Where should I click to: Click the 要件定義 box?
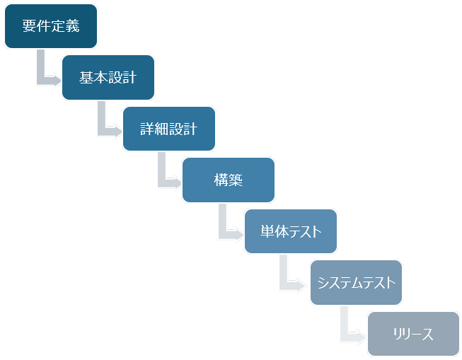[x=50, y=26]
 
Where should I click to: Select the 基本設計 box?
[x=108, y=77]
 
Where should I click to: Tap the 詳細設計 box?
[x=168, y=129]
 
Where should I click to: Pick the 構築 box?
[x=228, y=180]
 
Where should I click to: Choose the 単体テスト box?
[x=290, y=231]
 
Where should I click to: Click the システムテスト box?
[x=356, y=283]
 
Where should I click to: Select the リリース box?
[x=413, y=334]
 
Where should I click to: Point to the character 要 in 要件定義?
[x=29, y=27]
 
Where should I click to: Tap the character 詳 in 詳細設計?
[x=147, y=129]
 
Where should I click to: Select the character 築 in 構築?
[x=236, y=180]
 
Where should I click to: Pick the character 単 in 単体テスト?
[x=267, y=232]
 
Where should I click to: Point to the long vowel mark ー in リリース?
[x=414, y=335]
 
